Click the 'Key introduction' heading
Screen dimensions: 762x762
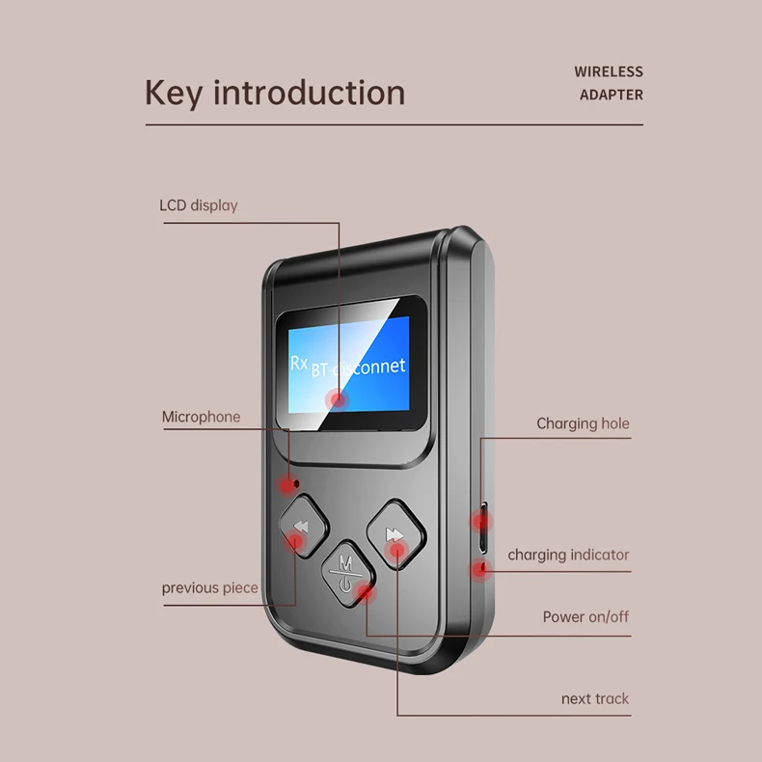click(275, 93)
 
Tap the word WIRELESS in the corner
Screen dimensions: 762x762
click(608, 71)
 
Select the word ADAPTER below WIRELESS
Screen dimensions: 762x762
click(611, 95)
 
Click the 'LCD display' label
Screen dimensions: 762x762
click(198, 205)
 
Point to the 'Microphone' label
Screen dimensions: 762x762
click(201, 417)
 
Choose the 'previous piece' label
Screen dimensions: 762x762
click(209, 587)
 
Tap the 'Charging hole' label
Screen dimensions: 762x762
click(583, 423)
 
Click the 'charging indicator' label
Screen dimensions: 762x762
click(568, 555)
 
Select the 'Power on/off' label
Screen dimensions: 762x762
click(585, 616)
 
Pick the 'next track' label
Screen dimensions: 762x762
click(594, 698)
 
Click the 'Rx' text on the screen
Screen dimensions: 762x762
click(299, 363)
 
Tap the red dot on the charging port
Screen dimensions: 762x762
click(480, 522)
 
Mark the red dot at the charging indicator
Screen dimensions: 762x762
click(479, 568)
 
